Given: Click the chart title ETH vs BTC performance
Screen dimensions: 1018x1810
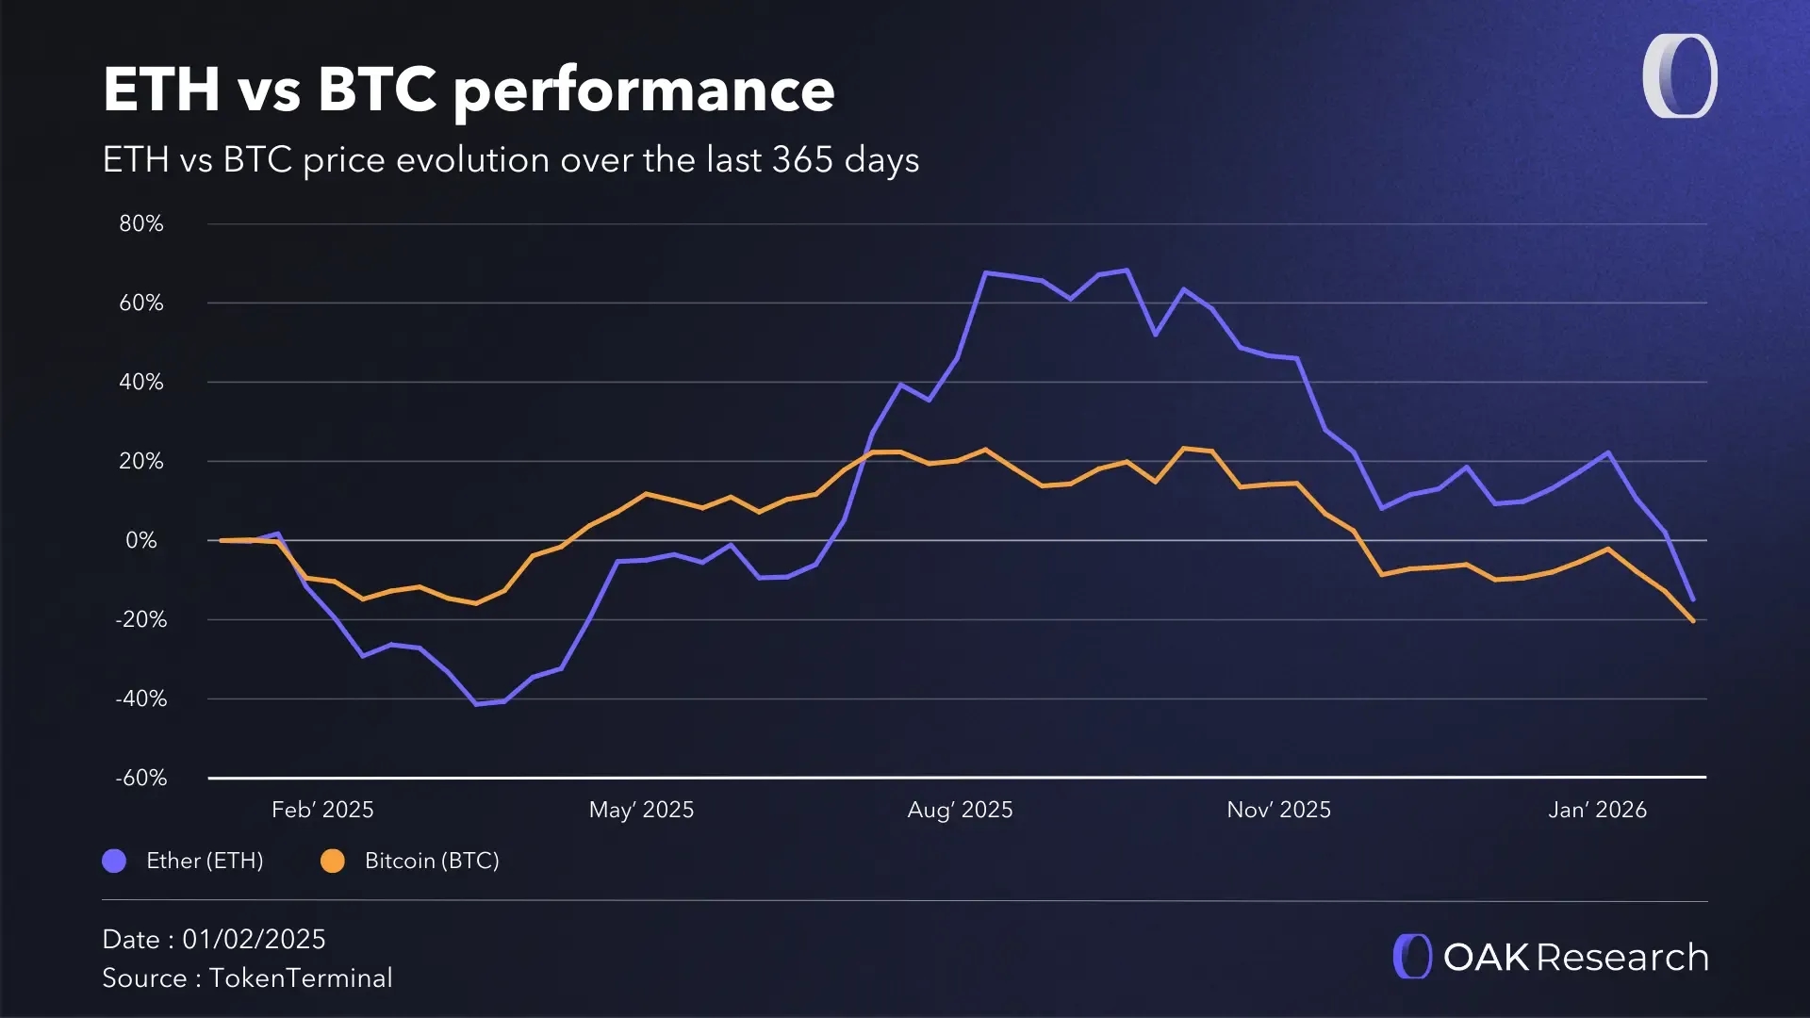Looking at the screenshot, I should (x=469, y=90).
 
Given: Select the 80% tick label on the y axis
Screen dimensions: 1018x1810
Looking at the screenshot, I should (x=140, y=224).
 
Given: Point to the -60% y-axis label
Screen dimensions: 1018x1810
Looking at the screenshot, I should (x=140, y=779).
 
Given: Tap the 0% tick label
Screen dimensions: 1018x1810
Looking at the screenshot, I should (x=140, y=541).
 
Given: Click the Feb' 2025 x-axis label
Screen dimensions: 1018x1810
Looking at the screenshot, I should (x=322, y=810).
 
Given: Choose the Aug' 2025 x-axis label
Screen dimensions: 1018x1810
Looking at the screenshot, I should (x=960, y=810).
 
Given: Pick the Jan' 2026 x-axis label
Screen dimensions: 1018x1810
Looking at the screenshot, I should (x=1597, y=810).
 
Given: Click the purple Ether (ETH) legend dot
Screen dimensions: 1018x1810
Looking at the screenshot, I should (x=114, y=861).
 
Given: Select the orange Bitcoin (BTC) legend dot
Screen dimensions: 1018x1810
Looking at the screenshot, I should (x=333, y=861).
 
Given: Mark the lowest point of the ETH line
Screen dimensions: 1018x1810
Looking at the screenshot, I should (x=476, y=703).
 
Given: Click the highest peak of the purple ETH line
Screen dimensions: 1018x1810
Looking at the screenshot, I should (x=1127, y=271).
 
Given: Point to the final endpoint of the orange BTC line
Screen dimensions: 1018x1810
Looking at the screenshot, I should (x=1693, y=621).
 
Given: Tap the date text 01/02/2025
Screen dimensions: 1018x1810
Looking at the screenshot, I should (x=254, y=940).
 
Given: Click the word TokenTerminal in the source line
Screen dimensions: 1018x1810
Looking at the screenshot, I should (x=301, y=978).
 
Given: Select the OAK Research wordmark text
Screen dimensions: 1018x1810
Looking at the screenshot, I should (x=1575, y=958).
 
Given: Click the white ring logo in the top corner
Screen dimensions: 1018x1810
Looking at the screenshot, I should (x=1680, y=76).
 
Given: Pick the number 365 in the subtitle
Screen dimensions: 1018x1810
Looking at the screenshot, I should (x=802, y=160).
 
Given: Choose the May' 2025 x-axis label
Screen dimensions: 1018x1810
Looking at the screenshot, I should (x=641, y=810).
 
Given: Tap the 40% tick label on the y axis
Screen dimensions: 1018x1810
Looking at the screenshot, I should (x=140, y=383).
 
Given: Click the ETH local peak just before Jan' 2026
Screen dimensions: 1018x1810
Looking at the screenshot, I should (x=1607, y=453).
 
